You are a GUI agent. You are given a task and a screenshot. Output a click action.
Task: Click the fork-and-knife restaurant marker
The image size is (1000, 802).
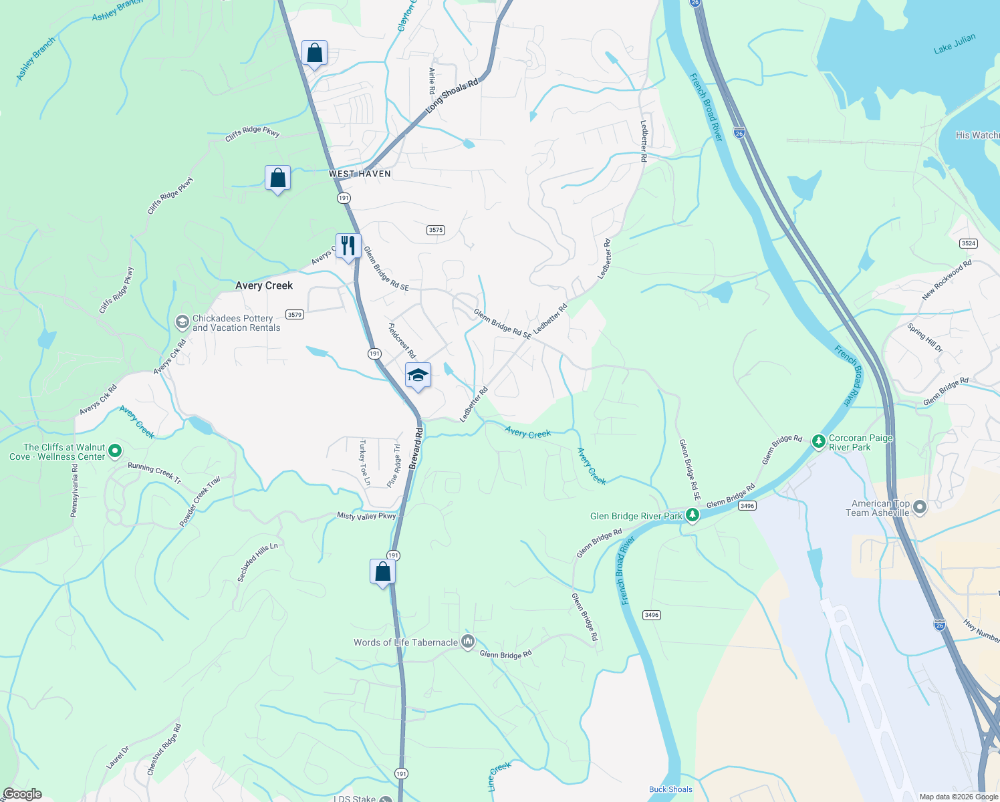348,246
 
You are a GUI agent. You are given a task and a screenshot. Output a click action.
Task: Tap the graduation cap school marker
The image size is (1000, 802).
418,376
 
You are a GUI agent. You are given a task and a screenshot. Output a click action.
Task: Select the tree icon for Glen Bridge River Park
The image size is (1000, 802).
693,515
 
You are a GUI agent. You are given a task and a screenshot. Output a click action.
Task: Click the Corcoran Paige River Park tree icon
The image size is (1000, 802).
818,441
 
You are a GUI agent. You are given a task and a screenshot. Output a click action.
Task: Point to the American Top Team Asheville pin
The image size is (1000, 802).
920,508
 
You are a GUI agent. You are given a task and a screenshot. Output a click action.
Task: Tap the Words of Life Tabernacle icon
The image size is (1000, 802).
468,642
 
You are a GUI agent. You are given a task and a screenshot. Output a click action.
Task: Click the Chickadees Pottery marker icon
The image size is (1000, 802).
182,322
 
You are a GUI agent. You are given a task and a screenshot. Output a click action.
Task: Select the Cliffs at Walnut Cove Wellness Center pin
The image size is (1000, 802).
115,451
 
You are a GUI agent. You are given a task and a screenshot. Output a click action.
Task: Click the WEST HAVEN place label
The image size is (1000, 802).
360,174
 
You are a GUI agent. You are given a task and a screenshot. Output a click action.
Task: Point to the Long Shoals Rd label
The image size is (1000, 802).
453,96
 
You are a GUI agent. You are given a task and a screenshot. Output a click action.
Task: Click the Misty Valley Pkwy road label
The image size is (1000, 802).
366,516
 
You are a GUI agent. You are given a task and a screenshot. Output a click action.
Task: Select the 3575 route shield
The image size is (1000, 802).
436,230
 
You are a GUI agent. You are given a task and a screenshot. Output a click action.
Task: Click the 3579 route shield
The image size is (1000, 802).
295,314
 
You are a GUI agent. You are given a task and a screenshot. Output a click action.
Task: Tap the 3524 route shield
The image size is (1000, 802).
969,243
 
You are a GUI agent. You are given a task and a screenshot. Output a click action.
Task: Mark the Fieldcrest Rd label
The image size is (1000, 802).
402,341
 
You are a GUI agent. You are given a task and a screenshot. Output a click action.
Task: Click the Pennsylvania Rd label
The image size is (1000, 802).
75,491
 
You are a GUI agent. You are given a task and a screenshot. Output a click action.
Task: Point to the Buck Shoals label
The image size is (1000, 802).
670,789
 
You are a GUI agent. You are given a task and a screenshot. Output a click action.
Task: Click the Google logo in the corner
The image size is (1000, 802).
22,794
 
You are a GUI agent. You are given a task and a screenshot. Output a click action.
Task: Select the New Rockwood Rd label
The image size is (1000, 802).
947,279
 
